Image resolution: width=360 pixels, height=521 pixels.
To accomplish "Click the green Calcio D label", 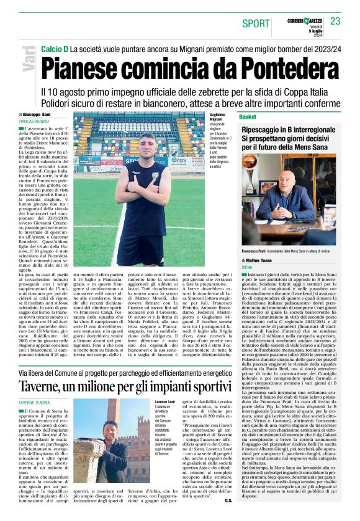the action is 54,48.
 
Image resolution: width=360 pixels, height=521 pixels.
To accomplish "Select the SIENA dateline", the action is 246,267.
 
